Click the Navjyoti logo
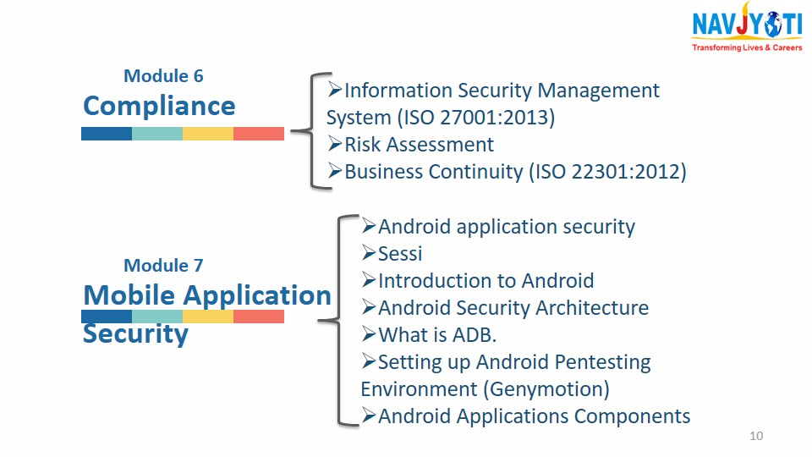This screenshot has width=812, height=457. (x=747, y=26)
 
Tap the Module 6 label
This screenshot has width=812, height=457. (x=163, y=75)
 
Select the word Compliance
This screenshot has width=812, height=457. (x=159, y=107)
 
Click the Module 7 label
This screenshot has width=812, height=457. (x=163, y=265)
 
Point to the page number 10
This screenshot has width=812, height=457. (x=756, y=436)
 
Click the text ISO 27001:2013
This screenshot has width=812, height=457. (x=476, y=118)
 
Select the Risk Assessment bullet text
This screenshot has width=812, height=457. (x=419, y=145)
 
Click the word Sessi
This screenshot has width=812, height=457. (x=400, y=253)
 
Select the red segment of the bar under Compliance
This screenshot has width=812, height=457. (x=259, y=134)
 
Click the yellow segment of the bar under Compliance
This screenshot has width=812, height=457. (x=208, y=134)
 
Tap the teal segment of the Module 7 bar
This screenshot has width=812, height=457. (x=157, y=316)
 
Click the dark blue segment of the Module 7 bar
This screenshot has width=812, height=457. (x=107, y=316)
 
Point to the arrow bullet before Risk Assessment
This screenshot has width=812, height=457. (x=335, y=144)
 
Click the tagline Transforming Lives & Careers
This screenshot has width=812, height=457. (x=747, y=47)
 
